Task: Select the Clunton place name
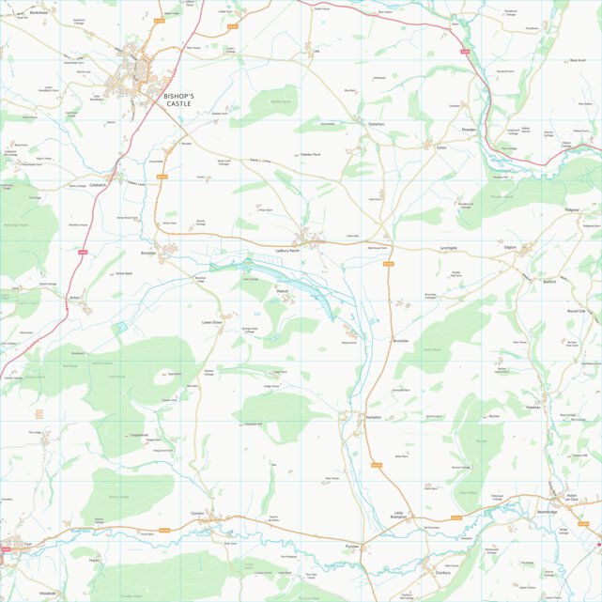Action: [197, 513]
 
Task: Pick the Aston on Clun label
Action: [563, 498]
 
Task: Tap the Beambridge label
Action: [547, 512]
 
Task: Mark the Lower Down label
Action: [210, 322]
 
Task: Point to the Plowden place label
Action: [470, 130]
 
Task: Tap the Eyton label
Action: [441, 147]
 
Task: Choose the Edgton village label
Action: [511, 246]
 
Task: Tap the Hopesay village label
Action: [533, 408]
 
